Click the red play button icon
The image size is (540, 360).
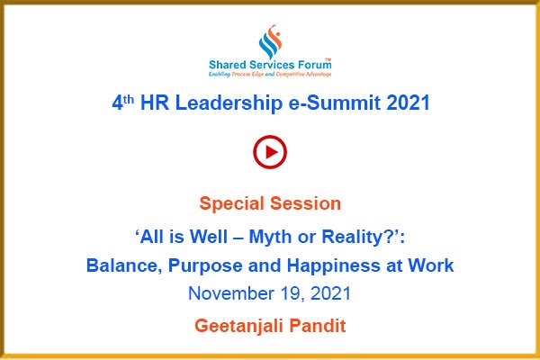click(270, 152)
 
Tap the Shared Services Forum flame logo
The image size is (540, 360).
click(270, 41)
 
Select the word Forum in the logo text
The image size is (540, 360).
click(314, 65)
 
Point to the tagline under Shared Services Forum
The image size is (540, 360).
click(270, 74)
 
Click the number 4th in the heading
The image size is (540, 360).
click(123, 103)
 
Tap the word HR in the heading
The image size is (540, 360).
click(155, 103)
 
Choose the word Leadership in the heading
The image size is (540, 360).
click(229, 103)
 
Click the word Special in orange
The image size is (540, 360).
click(232, 203)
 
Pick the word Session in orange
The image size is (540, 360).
click(306, 203)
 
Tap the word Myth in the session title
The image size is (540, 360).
click(270, 237)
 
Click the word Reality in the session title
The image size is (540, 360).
click(358, 237)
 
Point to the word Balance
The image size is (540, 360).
click(124, 265)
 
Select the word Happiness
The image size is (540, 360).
click(334, 265)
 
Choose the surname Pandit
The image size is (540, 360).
click(318, 326)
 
